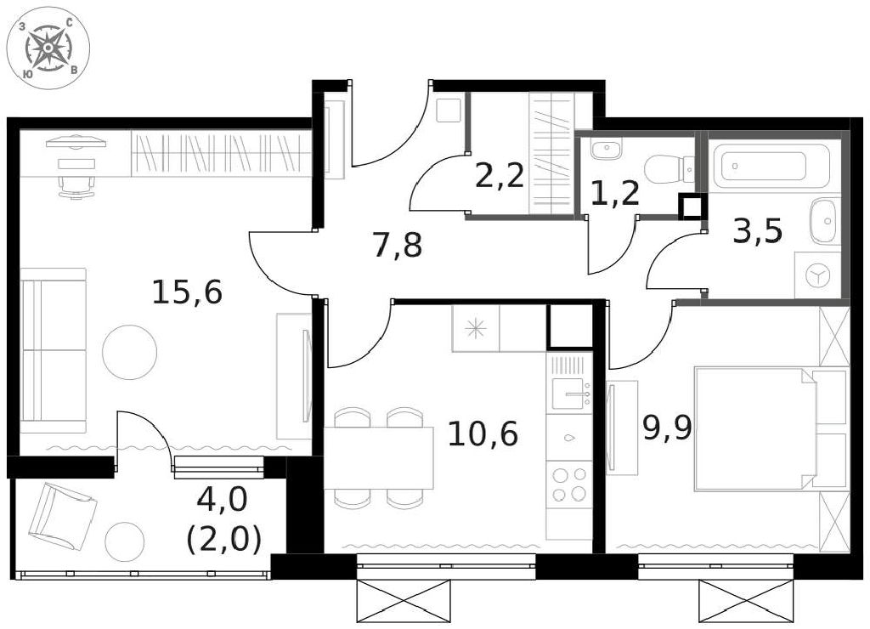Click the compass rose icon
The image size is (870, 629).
pyautogui.click(x=48, y=48)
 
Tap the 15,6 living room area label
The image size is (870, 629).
pyautogui.click(x=187, y=292)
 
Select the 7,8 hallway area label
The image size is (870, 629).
pyautogui.click(x=398, y=246)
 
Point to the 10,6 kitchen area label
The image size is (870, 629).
pyautogui.click(x=483, y=433)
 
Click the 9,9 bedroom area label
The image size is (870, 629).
pyautogui.click(x=668, y=428)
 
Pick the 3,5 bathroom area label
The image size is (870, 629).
pyautogui.click(x=758, y=231)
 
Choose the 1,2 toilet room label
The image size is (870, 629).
pyautogui.click(x=615, y=194)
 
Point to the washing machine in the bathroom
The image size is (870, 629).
pyautogui.click(x=818, y=275)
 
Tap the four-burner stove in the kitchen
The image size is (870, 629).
pyautogui.click(x=569, y=484)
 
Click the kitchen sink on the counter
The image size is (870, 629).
pyautogui.click(x=569, y=394)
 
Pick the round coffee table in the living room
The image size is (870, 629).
pyautogui.click(x=130, y=352)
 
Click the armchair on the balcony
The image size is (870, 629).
pyautogui.click(x=62, y=514)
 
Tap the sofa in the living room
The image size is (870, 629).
pyautogui.click(x=54, y=351)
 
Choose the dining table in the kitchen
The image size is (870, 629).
pyautogui.click(x=379, y=458)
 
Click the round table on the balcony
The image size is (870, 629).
pyautogui.click(x=125, y=541)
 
